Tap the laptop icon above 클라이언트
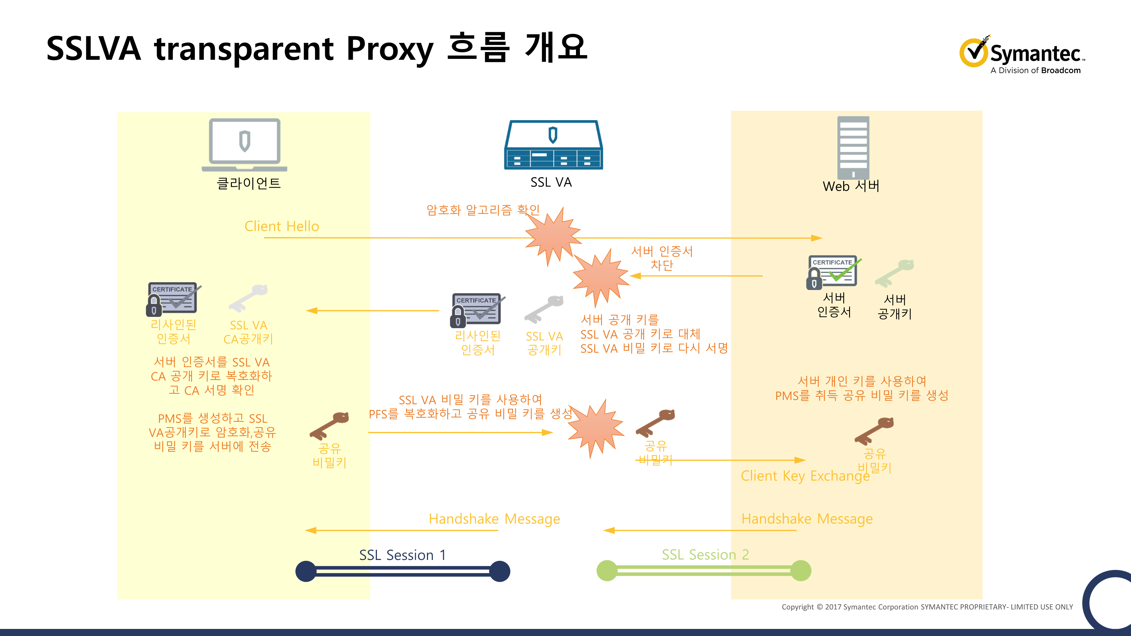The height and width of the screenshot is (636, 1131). point(245,144)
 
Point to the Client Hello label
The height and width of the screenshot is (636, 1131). point(281,226)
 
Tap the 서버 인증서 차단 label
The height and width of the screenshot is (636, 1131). point(662,258)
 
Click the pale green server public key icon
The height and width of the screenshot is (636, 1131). point(894,273)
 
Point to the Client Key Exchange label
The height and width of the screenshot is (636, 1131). point(805,476)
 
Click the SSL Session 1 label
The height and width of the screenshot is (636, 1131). point(402,555)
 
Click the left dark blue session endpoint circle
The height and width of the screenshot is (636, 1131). point(306,571)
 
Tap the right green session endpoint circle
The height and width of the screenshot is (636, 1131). point(801,571)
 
